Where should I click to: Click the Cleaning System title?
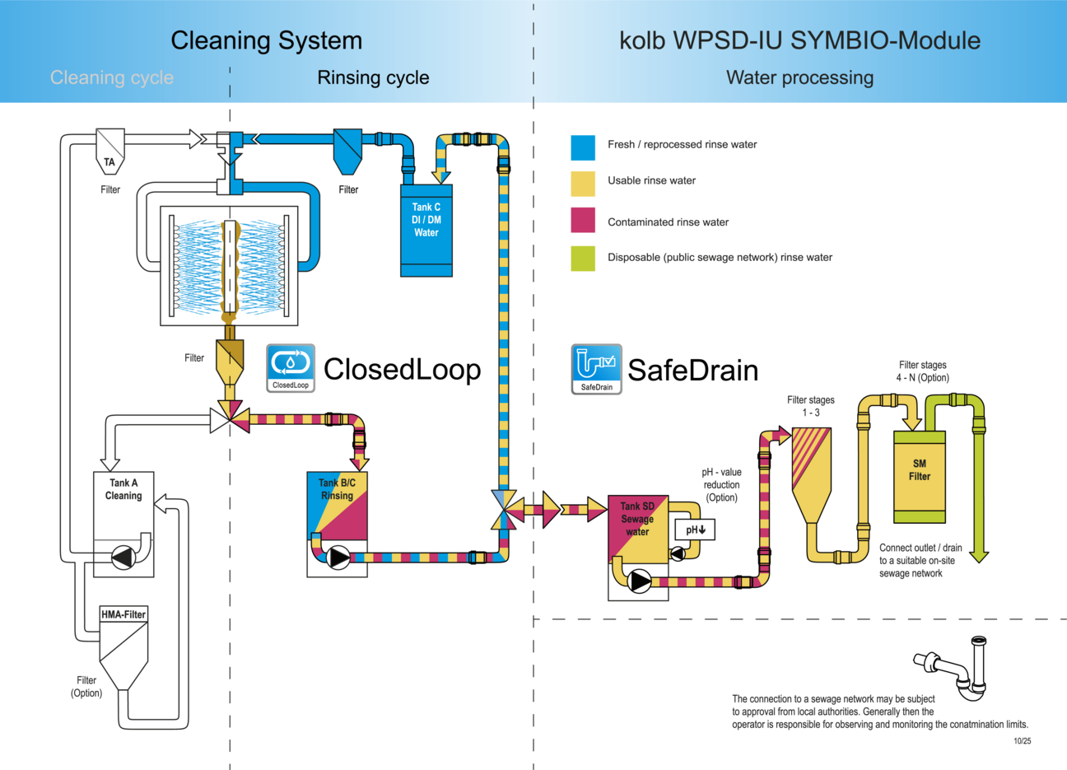tap(266, 40)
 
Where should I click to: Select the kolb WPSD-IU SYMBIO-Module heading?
tap(799, 40)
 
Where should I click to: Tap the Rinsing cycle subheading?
tap(373, 78)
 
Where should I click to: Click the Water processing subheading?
tap(799, 78)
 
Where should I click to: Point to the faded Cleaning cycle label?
tap(112, 78)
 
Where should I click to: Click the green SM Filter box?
tap(920, 476)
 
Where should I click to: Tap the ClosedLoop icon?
tap(291, 367)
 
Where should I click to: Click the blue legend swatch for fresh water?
tap(583, 147)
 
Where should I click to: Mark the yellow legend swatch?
tap(583, 184)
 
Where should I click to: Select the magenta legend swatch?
tap(583, 221)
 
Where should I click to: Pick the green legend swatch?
tap(583, 258)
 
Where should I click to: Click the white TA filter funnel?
tap(110, 150)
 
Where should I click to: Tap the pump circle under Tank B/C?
tap(338, 558)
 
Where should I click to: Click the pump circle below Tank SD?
tap(639, 581)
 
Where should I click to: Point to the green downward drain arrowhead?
tap(979, 557)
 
